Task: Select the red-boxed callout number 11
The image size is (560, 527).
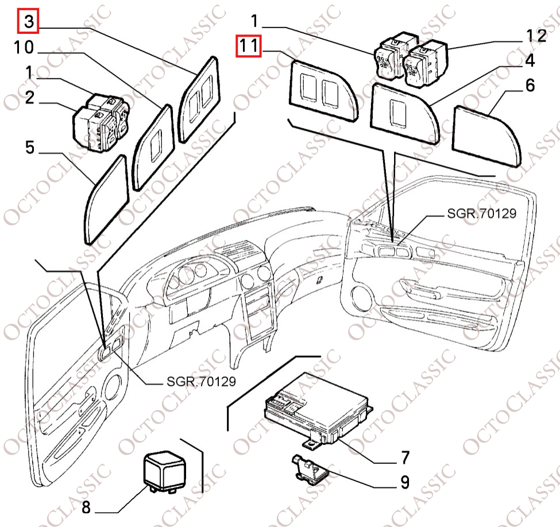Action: coord(249,46)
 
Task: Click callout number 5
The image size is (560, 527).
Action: coord(29,148)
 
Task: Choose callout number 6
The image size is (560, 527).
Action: coord(529,86)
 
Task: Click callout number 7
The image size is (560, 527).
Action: coord(405,458)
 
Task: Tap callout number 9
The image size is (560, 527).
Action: coord(404,482)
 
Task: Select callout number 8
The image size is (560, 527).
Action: coord(87,507)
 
